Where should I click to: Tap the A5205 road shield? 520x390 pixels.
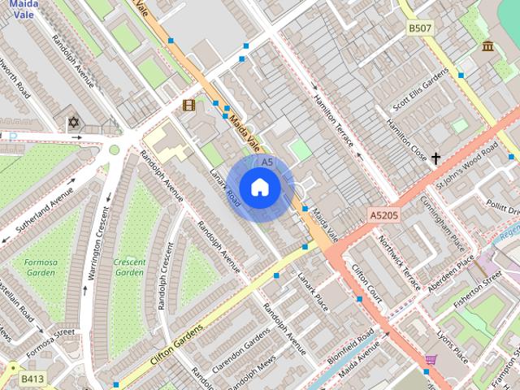pyautogui.click(x=383, y=215)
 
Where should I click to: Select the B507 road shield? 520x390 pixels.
pyautogui.click(x=420, y=28)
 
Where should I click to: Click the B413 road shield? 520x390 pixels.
pyautogui.click(x=32, y=379)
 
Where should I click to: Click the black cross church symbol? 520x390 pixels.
pyautogui.click(x=435, y=158)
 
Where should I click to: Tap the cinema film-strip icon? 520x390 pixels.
pyautogui.click(x=189, y=105)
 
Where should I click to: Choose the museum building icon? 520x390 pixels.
pyautogui.click(x=487, y=46)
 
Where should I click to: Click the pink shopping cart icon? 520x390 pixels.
pyautogui.click(x=431, y=359)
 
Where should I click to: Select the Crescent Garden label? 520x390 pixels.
pyautogui.click(x=129, y=267)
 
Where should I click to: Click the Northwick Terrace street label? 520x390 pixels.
pyautogui.click(x=401, y=262)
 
